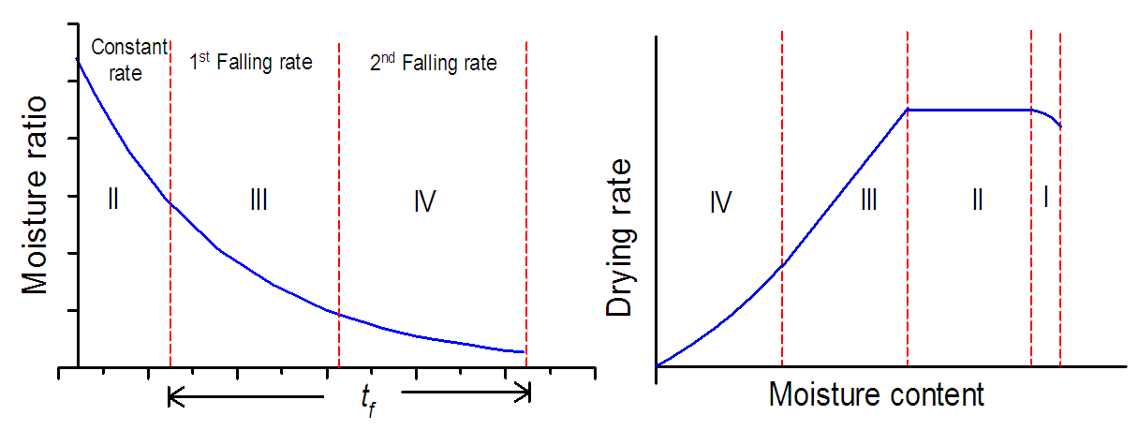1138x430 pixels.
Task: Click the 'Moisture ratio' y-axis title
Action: (36, 195)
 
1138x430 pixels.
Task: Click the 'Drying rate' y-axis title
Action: (621, 236)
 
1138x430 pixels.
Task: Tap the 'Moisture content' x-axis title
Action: (876, 394)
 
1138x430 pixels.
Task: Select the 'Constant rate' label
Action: (130, 59)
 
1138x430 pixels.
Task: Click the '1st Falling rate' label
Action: (250, 63)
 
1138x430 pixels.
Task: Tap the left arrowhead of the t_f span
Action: (171, 399)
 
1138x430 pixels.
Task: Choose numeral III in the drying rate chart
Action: (868, 200)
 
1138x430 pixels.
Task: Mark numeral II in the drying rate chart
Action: (976, 200)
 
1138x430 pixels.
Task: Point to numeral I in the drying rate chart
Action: (1045, 197)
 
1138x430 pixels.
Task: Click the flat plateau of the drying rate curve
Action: (969, 110)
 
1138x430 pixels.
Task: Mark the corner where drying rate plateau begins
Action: (909, 110)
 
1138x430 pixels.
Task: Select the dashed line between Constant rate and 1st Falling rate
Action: (170, 281)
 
